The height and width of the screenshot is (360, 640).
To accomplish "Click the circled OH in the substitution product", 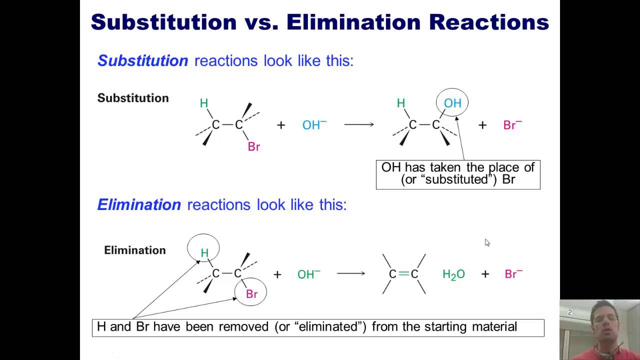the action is (452, 103).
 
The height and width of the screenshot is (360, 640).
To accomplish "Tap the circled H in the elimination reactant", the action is (204, 253).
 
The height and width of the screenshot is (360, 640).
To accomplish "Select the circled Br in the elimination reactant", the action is (251, 293).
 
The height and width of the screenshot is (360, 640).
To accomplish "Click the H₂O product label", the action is (453, 274).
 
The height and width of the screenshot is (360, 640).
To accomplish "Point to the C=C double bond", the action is (403, 274).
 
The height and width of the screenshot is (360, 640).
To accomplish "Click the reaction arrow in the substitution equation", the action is (359, 124).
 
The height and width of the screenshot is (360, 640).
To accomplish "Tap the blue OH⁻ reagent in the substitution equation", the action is (314, 125).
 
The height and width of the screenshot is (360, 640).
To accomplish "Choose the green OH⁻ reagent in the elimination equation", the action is (308, 274).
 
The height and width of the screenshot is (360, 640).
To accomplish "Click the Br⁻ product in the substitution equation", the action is (512, 125).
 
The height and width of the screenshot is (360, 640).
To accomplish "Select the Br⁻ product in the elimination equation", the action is (513, 274).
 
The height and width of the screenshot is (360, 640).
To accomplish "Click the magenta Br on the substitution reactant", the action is (254, 147).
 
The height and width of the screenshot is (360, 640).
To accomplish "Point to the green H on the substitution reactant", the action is (203, 103).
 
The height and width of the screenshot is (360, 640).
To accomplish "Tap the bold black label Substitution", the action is (133, 98).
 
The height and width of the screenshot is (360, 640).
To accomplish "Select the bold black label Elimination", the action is (134, 250).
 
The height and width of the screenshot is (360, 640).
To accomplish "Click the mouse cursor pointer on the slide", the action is (487, 242).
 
